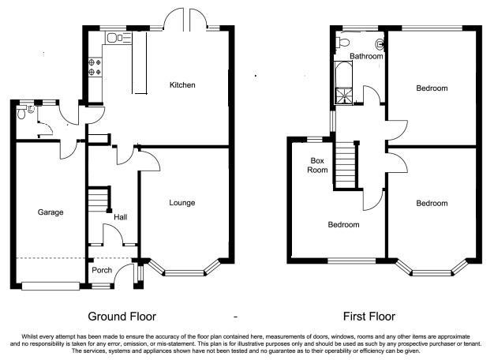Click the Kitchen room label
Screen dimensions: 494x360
pos(182,84)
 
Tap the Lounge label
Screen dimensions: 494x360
pos(182,203)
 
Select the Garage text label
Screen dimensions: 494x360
pos(51,212)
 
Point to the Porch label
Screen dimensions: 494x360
pos(102,270)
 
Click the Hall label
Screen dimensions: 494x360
pos(121,217)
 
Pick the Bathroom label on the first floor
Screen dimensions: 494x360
pos(366,56)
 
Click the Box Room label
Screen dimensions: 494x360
pos(317,165)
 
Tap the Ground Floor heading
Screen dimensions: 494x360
pos(122,316)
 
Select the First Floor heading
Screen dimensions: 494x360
pos(369,316)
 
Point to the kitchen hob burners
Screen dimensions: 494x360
pos(95,67)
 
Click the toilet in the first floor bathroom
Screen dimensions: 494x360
pos(342,41)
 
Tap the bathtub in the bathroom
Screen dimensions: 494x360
pos(342,74)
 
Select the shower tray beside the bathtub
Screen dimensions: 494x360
pos(344,96)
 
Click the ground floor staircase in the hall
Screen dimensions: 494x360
pos(99,199)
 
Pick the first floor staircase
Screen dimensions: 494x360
pos(346,165)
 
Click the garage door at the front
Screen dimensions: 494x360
pos(51,286)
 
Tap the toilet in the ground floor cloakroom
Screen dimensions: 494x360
pos(21,113)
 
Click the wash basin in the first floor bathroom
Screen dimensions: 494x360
pos(380,44)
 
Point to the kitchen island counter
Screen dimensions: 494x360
pos(139,62)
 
